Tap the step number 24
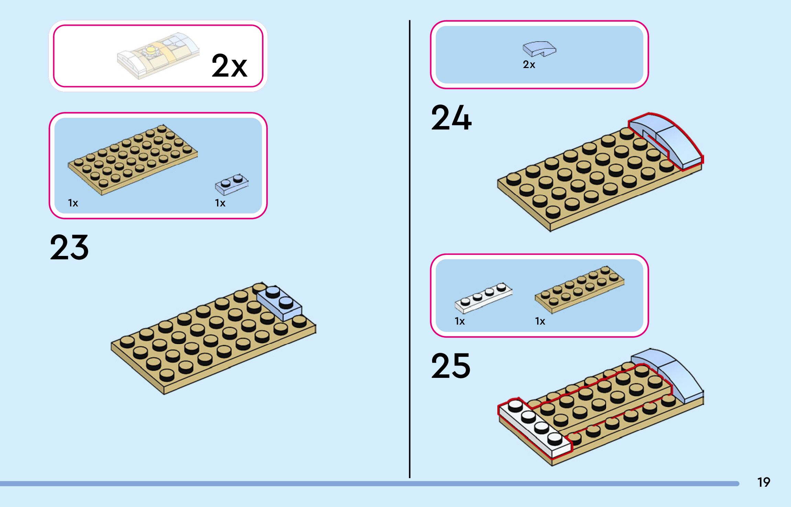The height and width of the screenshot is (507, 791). pyautogui.click(x=451, y=118)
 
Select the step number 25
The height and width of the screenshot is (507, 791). pyautogui.click(x=451, y=366)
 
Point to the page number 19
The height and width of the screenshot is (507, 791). pyautogui.click(x=764, y=482)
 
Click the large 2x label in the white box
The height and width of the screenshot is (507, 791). pyautogui.click(x=229, y=66)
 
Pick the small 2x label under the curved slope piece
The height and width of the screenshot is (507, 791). pyautogui.click(x=529, y=65)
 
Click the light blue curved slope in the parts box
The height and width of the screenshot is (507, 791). pyautogui.click(x=539, y=49)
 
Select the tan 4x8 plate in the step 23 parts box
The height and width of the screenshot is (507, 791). pyautogui.click(x=133, y=160)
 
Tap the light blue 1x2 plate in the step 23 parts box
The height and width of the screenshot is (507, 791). pyautogui.click(x=231, y=184)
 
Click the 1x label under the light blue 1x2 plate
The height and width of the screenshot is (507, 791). pyautogui.click(x=220, y=203)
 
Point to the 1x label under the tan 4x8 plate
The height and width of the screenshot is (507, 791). pyautogui.click(x=73, y=203)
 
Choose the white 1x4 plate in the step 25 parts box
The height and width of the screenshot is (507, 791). pyautogui.click(x=483, y=297)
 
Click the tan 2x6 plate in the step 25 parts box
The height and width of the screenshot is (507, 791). pyautogui.click(x=579, y=289)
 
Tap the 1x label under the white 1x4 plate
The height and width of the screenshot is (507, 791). pyautogui.click(x=460, y=322)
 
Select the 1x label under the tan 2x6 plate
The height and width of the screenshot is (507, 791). pyautogui.click(x=540, y=322)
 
